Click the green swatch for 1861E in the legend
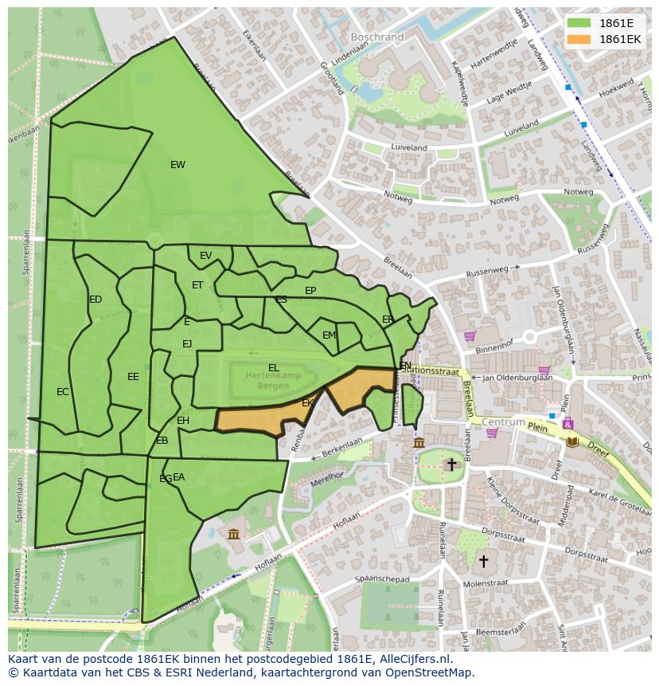point(579,23)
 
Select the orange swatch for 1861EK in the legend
point(579,39)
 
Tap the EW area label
point(177,165)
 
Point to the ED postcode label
point(96,300)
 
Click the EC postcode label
point(63,392)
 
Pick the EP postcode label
point(310,291)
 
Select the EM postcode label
point(329,335)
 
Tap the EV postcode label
point(205,256)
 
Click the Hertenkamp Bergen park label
point(268,379)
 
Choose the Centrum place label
point(504,421)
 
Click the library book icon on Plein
point(571,441)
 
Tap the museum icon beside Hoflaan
point(233,533)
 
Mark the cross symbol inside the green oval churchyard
point(451,464)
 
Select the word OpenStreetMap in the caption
point(430,672)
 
